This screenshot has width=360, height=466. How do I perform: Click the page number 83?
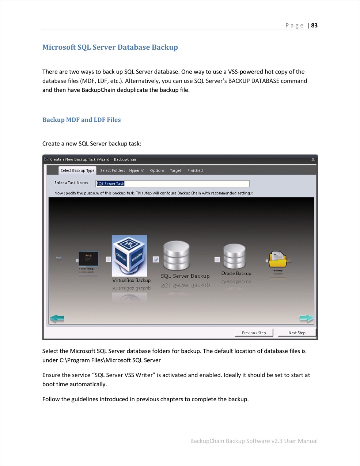[x=314, y=26]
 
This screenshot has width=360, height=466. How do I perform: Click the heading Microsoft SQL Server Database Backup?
[x=110, y=47]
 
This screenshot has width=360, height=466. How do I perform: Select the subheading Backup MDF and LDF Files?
[x=82, y=120]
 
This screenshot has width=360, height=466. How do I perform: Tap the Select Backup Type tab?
[x=77, y=170]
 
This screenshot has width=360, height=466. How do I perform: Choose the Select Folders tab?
[x=113, y=170]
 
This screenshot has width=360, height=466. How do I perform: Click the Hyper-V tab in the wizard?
[x=136, y=170]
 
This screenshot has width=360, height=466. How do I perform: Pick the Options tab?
[x=157, y=170]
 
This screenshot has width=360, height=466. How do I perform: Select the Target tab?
[x=175, y=170]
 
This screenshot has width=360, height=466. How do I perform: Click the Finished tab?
[x=195, y=170]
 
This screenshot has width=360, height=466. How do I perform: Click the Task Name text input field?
[x=173, y=183]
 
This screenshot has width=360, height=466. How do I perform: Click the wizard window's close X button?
[x=313, y=159]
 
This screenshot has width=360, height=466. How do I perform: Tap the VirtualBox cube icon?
[x=129, y=255]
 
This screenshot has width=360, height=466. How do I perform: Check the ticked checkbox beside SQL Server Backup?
[x=156, y=259]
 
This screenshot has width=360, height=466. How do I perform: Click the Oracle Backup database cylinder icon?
[x=235, y=256]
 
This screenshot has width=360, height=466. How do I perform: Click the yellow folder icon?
[x=278, y=259]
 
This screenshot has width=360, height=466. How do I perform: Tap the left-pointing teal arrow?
[x=57, y=318]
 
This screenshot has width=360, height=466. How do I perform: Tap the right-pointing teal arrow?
[x=306, y=318]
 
